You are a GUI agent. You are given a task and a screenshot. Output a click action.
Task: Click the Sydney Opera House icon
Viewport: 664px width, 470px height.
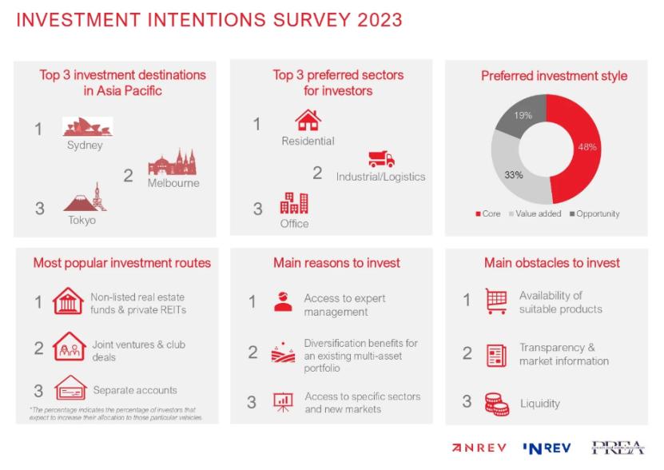(87, 126)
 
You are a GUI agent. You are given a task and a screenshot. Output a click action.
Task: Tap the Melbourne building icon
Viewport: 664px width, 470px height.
(171, 163)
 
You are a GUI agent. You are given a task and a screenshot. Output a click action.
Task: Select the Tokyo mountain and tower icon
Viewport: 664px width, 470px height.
(85, 198)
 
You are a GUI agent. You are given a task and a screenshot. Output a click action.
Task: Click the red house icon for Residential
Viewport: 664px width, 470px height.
(308, 121)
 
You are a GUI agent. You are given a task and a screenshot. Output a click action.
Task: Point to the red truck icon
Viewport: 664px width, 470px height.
(381, 158)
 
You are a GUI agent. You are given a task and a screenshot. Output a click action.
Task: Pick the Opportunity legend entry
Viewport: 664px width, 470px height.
(594, 214)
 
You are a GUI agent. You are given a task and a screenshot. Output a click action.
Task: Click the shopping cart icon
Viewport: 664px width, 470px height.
(496, 301)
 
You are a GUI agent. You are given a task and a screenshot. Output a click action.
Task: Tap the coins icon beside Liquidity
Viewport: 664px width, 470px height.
(496, 404)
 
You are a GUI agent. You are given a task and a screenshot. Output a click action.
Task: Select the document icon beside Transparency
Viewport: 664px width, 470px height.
(496, 355)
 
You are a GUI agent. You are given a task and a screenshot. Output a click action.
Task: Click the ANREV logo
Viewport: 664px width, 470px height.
(480, 448)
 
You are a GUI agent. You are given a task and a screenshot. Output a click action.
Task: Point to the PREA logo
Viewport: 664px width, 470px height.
(618, 448)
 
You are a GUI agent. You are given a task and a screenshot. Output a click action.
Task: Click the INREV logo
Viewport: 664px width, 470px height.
(547, 448)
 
